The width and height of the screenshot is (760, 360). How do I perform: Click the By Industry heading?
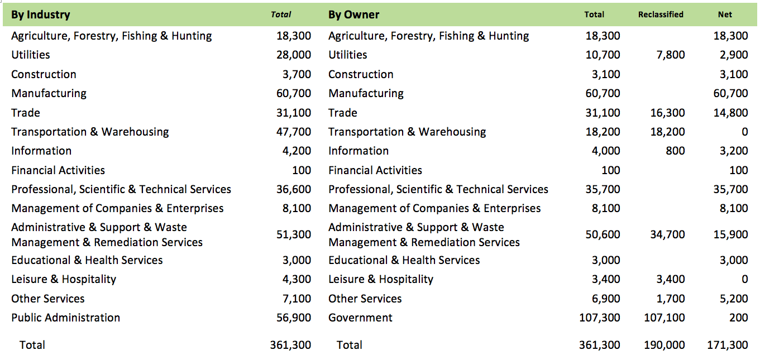coord(41,15)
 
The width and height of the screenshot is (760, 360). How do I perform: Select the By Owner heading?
coord(353,15)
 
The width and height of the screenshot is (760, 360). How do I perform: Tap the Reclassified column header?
coord(661,15)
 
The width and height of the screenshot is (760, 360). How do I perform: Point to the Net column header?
coord(725,15)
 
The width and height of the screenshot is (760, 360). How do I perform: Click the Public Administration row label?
coord(65,318)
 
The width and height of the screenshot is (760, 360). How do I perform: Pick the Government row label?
coord(360,318)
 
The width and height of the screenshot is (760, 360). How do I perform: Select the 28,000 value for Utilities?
coord(293,55)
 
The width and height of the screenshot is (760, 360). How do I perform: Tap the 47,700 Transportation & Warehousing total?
coord(293,132)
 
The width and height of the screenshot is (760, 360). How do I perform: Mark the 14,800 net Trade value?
coord(730,113)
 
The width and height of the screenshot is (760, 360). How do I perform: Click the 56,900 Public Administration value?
coord(293,318)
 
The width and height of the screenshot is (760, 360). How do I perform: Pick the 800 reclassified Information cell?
coord(675,151)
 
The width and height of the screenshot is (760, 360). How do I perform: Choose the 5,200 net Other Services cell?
coord(733,299)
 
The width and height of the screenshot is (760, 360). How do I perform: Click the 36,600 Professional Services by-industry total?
coord(293,189)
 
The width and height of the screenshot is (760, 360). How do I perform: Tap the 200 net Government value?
coord(738,318)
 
